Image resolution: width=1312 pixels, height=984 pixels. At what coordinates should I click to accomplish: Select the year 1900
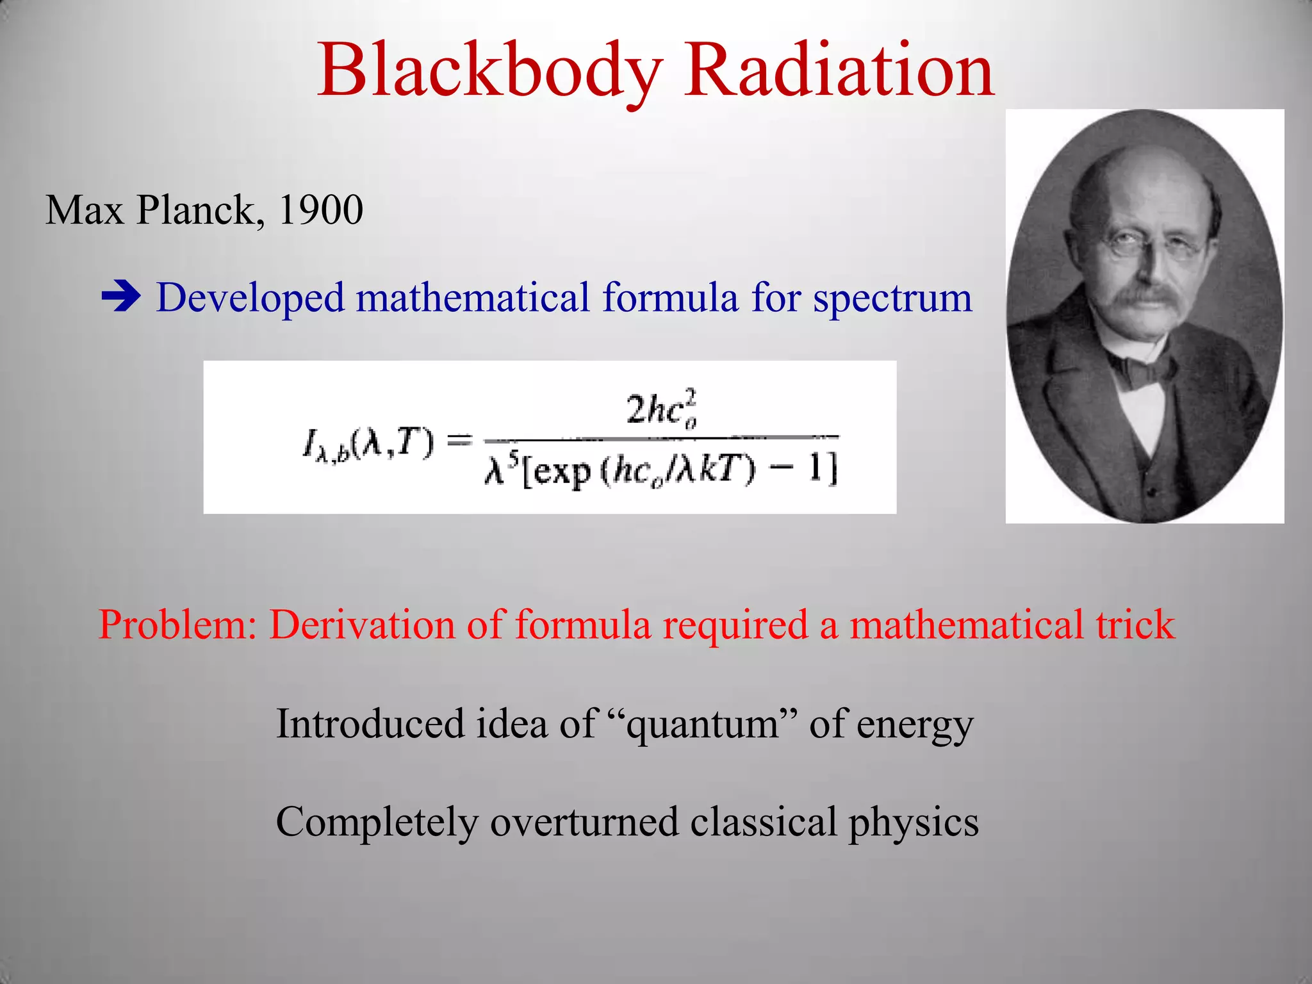click(321, 209)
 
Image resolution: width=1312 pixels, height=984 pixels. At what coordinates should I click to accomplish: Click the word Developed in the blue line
click(250, 299)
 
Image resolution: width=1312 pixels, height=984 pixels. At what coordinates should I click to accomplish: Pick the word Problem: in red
click(178, 625)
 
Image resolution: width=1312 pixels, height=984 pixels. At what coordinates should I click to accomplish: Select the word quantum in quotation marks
click(703, 725)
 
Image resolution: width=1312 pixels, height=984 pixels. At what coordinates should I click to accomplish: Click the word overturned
click(584, 822)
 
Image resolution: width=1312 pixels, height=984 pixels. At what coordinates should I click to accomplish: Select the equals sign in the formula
click(459, 440)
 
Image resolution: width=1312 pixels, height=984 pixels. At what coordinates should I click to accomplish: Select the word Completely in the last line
click(377, 822)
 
